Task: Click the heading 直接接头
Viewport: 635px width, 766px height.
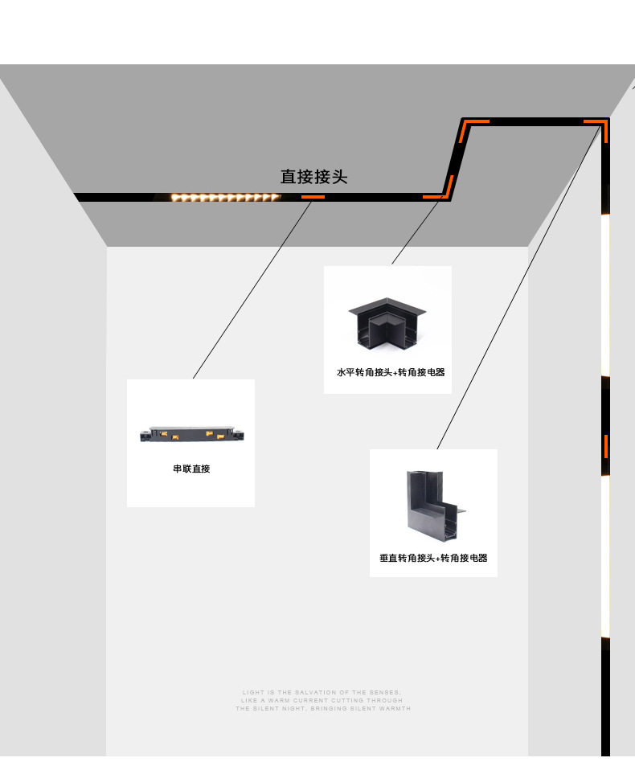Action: point(313,177)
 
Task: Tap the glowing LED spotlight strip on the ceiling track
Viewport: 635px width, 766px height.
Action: point(225,197)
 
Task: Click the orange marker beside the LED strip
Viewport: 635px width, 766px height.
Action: point(313,195)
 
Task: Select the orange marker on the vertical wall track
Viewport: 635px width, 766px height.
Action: point(606,445)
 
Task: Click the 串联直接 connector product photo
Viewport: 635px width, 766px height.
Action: point(190,434)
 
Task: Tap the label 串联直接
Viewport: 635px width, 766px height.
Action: point(191,469)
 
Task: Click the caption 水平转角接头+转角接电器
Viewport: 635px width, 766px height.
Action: point(391,373)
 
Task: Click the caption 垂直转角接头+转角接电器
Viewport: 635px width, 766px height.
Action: point(433,558)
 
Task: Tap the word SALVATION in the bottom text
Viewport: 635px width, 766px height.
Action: point(315,692)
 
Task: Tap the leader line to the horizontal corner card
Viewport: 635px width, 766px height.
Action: point(416,231)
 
